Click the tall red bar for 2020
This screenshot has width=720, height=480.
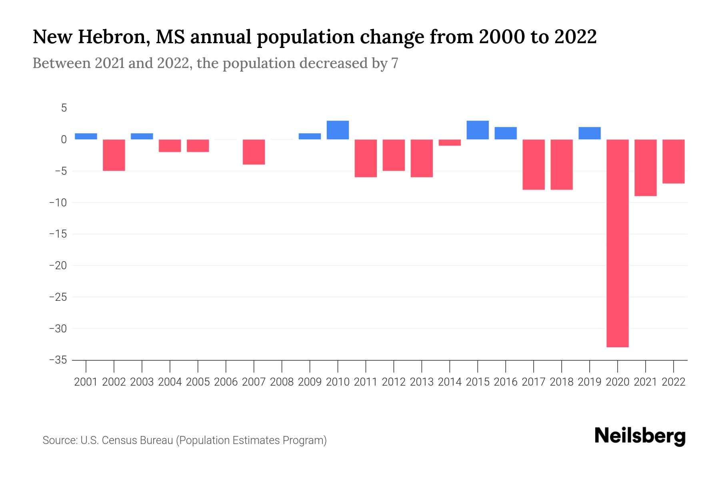point(617,243)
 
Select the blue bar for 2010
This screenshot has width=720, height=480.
point(338,130)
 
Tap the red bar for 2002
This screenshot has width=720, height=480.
point(114,155)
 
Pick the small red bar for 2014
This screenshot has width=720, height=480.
point(450,143)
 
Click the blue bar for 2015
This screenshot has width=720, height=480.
point(478,130)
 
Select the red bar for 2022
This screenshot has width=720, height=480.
point(674,162)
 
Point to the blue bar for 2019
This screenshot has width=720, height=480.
point(590,133)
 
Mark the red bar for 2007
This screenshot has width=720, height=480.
point(254,152)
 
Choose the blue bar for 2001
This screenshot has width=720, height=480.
point(86,136)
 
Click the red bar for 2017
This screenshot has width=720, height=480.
point(534,164)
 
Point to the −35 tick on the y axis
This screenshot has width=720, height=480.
point(58,360)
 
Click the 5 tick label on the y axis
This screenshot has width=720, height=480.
point(64,108)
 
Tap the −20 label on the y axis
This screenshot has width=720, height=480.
point(58,266)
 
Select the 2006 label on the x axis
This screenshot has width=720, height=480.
point(226,382)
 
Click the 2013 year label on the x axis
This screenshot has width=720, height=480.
point(422,382)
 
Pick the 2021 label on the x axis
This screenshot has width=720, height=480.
point(645,382)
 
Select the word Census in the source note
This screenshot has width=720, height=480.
point(118,440)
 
